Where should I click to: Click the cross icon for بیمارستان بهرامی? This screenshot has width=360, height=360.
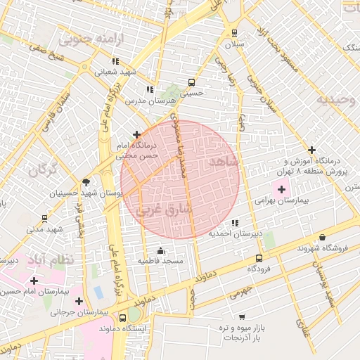point(282,188)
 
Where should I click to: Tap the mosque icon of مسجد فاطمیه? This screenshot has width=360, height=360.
point(160,251)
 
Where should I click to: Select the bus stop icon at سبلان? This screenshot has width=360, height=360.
point(234,33)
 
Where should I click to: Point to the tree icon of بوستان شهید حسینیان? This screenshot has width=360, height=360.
point(86,181)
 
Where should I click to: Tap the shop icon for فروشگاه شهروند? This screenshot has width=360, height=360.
point(322,238)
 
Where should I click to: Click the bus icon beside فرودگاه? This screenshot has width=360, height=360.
point(259,258)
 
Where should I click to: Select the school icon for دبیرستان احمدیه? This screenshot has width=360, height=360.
point(235,222)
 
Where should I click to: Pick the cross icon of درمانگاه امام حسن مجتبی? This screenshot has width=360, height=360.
point(136,134)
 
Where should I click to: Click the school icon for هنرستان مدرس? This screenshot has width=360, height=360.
point(149,89)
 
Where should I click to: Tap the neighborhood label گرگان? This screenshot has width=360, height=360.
point(43,169)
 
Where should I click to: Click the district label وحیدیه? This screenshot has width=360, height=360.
point(332,100)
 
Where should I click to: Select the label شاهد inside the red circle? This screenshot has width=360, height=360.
point(224,162)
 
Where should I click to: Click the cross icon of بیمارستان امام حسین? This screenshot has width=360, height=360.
point(33,281)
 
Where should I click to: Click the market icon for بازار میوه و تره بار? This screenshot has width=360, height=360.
point(242,317)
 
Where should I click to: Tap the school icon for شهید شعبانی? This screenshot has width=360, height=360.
point(115,61)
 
